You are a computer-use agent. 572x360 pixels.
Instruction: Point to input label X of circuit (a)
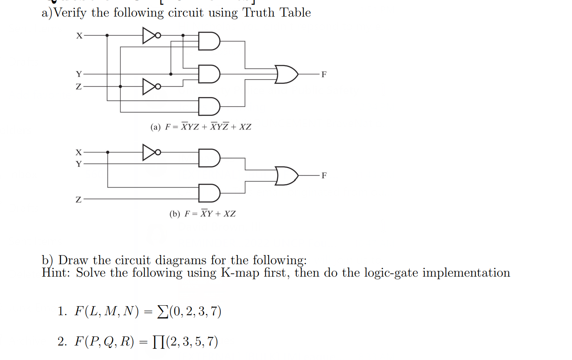tap(79, 36)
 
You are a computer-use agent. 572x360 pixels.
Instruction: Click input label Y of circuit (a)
tap(79, 74)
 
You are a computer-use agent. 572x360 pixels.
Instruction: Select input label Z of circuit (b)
tap(79, 199)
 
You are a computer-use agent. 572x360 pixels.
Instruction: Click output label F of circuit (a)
tap(324, 75)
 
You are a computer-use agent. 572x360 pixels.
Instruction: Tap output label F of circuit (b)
tap(324, 176)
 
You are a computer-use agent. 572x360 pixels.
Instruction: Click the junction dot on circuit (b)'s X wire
tap(108, 152)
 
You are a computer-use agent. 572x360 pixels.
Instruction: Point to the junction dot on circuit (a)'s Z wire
tap(120, 86)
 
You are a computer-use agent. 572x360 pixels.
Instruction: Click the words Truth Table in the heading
tap(276, 12)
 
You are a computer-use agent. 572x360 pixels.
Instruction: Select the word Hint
tap(56, 273)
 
